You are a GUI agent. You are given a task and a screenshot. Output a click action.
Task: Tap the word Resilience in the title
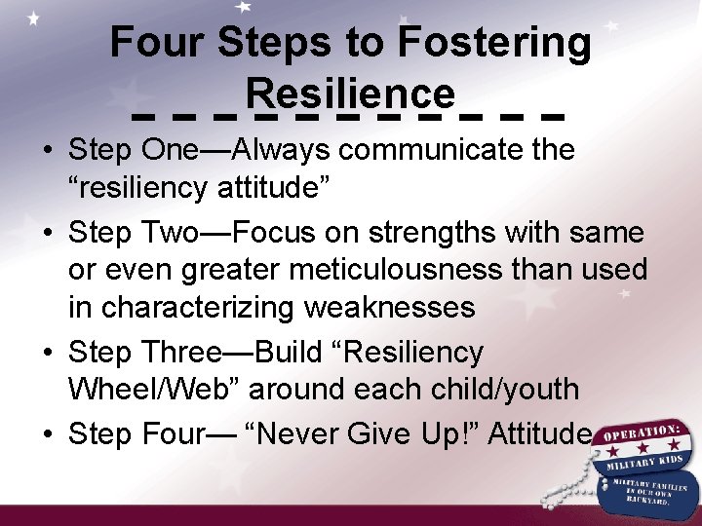pos(351,94)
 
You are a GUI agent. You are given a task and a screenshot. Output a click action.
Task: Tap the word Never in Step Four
pos(332,432)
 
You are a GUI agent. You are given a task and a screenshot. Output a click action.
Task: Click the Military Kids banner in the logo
pos(647,459)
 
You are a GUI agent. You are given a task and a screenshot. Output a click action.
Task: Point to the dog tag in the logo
pos(647,493)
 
